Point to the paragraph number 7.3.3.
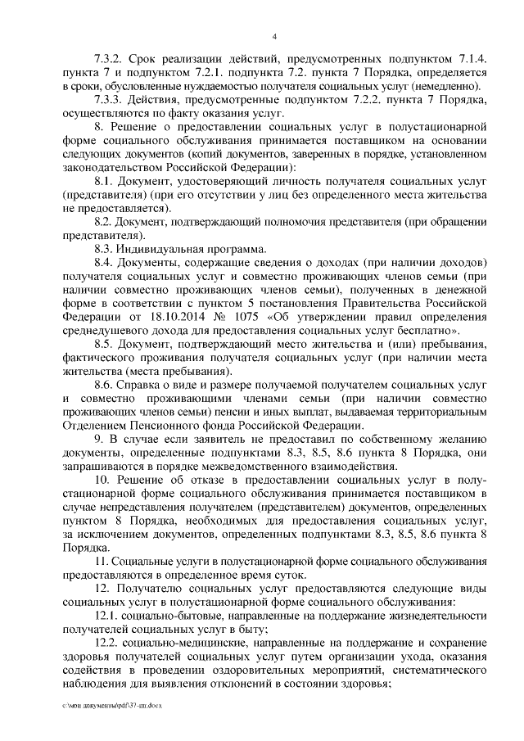pyautogui.click(x=111, y=100)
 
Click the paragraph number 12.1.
pyautogui.click(x=109, y=615)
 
